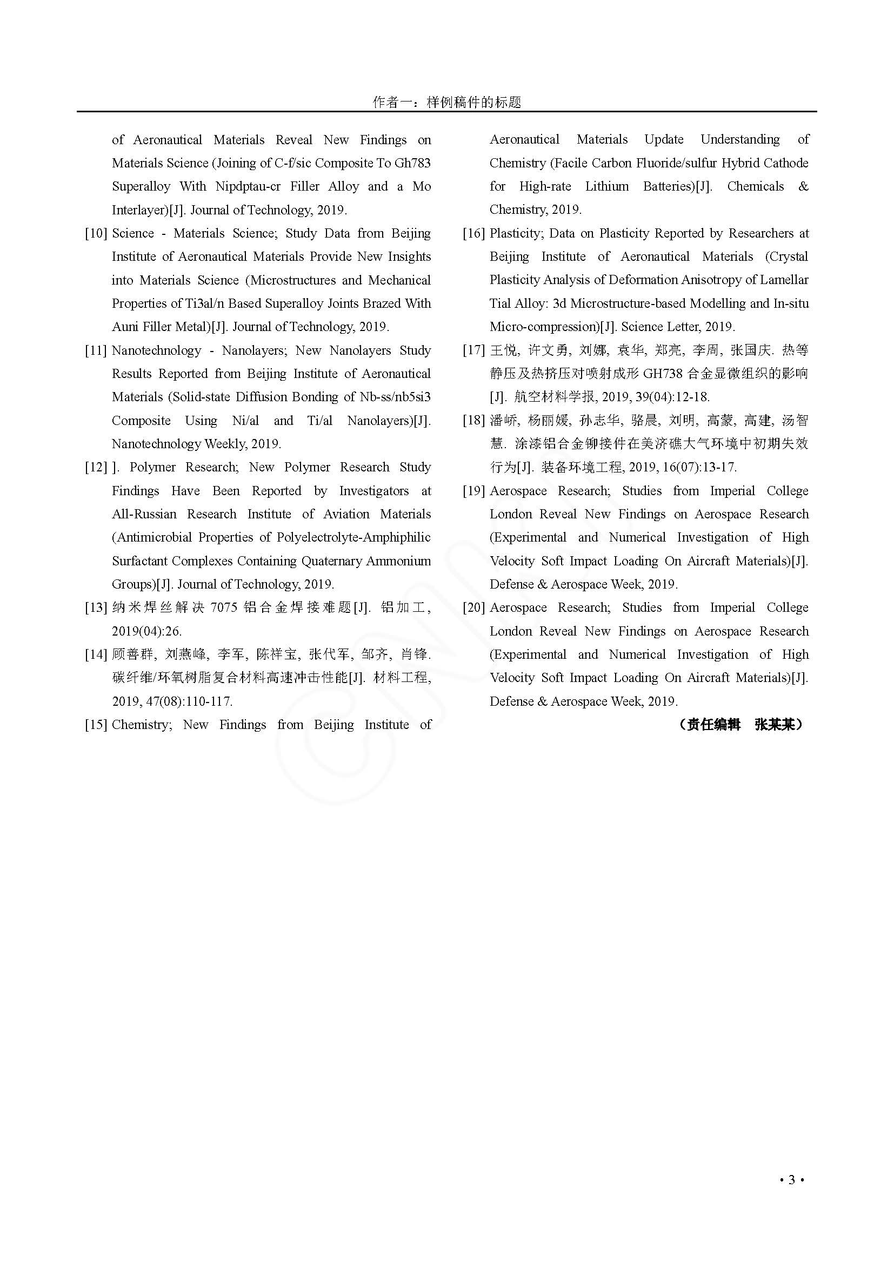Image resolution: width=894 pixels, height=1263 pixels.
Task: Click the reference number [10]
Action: coord(96,233)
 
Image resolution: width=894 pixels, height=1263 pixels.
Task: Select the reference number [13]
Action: coord(96,608)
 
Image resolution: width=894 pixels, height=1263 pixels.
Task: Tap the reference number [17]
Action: coord(474,350)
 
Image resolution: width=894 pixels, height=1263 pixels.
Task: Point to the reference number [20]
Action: coord(474,608)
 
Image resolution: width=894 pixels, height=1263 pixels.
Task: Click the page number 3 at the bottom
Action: coord(792,1180)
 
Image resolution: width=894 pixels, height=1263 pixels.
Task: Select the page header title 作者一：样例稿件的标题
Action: coord(446,102)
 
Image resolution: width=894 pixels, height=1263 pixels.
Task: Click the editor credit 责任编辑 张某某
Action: coord(740,725)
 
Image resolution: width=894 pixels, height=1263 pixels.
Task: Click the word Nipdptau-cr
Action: coord(248,186)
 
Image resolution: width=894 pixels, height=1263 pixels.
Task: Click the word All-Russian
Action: coord(144,515)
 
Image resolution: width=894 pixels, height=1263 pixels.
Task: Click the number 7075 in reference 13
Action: coord(224,608)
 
